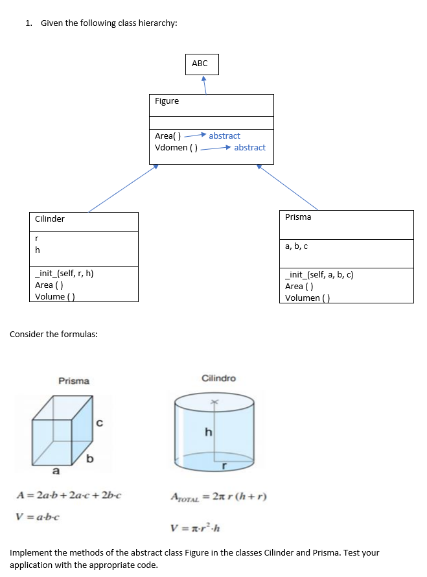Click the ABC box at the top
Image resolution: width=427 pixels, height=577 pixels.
(x=200, y=64)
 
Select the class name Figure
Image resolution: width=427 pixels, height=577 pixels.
(x=167, y=101)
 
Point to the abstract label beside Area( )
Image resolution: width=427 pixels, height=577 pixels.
(x=224, y=136)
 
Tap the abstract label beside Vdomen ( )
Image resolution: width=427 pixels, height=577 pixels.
(x=249, y=148)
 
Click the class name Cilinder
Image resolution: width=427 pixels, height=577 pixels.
(x=50, y=219)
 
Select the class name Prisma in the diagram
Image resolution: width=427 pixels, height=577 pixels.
(x=298, y=217)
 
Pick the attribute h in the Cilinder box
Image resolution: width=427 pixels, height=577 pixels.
(x=38, y=250)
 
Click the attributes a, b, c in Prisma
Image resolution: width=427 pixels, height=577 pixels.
(x=297, y=246)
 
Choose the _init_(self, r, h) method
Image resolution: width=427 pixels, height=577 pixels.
(x=64, y=274)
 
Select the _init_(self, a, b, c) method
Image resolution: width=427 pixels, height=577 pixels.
(x=319, y=275)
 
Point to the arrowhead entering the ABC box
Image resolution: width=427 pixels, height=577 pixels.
(x=204, y=79)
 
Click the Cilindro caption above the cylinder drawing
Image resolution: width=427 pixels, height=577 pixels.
(x=219, y=379)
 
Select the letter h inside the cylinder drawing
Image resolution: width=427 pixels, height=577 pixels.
(x=208, y=432)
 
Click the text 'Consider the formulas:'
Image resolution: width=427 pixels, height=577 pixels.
(x=54, y=335)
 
